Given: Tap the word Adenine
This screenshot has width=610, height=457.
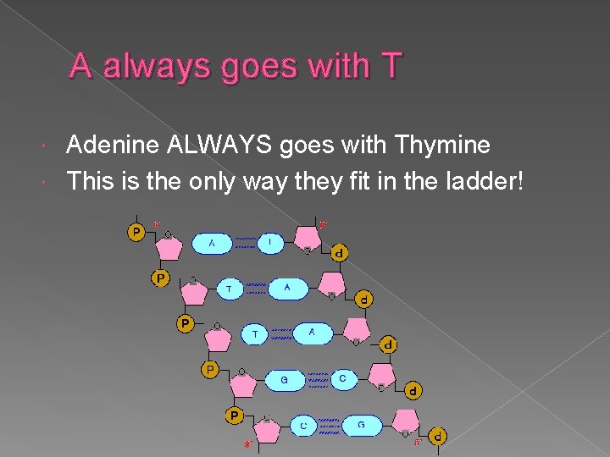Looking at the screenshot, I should [x=115, y=146].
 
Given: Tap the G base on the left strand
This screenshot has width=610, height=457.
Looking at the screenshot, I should [x=284, y=381].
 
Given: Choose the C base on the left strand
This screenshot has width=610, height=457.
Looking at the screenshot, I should [x=303, y=426].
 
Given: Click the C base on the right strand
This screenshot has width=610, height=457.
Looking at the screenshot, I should [x=342, y=378].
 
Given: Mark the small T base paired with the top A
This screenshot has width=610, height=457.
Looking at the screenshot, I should [x=270, y=243].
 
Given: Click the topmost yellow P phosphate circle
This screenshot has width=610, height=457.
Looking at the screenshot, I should [x=136, y=231].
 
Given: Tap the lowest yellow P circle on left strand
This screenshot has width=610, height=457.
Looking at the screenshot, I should [x=235, y=415].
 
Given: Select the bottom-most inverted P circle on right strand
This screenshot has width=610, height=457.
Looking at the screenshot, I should [x=437, y=438].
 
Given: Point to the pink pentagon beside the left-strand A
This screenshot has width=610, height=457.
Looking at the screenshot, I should [x=169, y=246].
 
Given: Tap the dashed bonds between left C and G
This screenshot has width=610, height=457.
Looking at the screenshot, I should [x=330, y=425].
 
